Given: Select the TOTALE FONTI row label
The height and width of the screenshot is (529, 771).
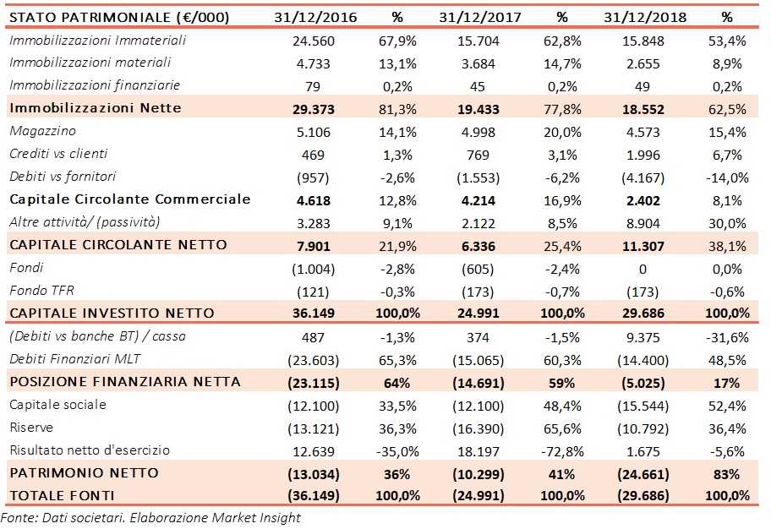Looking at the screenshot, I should (63, 494).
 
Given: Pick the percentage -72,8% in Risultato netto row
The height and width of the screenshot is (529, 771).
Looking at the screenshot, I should (562, 450).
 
